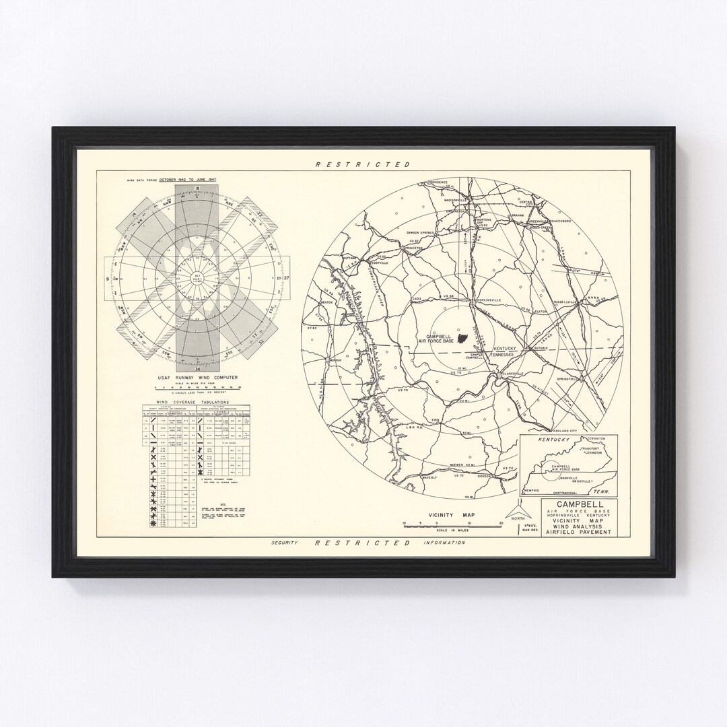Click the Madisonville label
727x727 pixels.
460,200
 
